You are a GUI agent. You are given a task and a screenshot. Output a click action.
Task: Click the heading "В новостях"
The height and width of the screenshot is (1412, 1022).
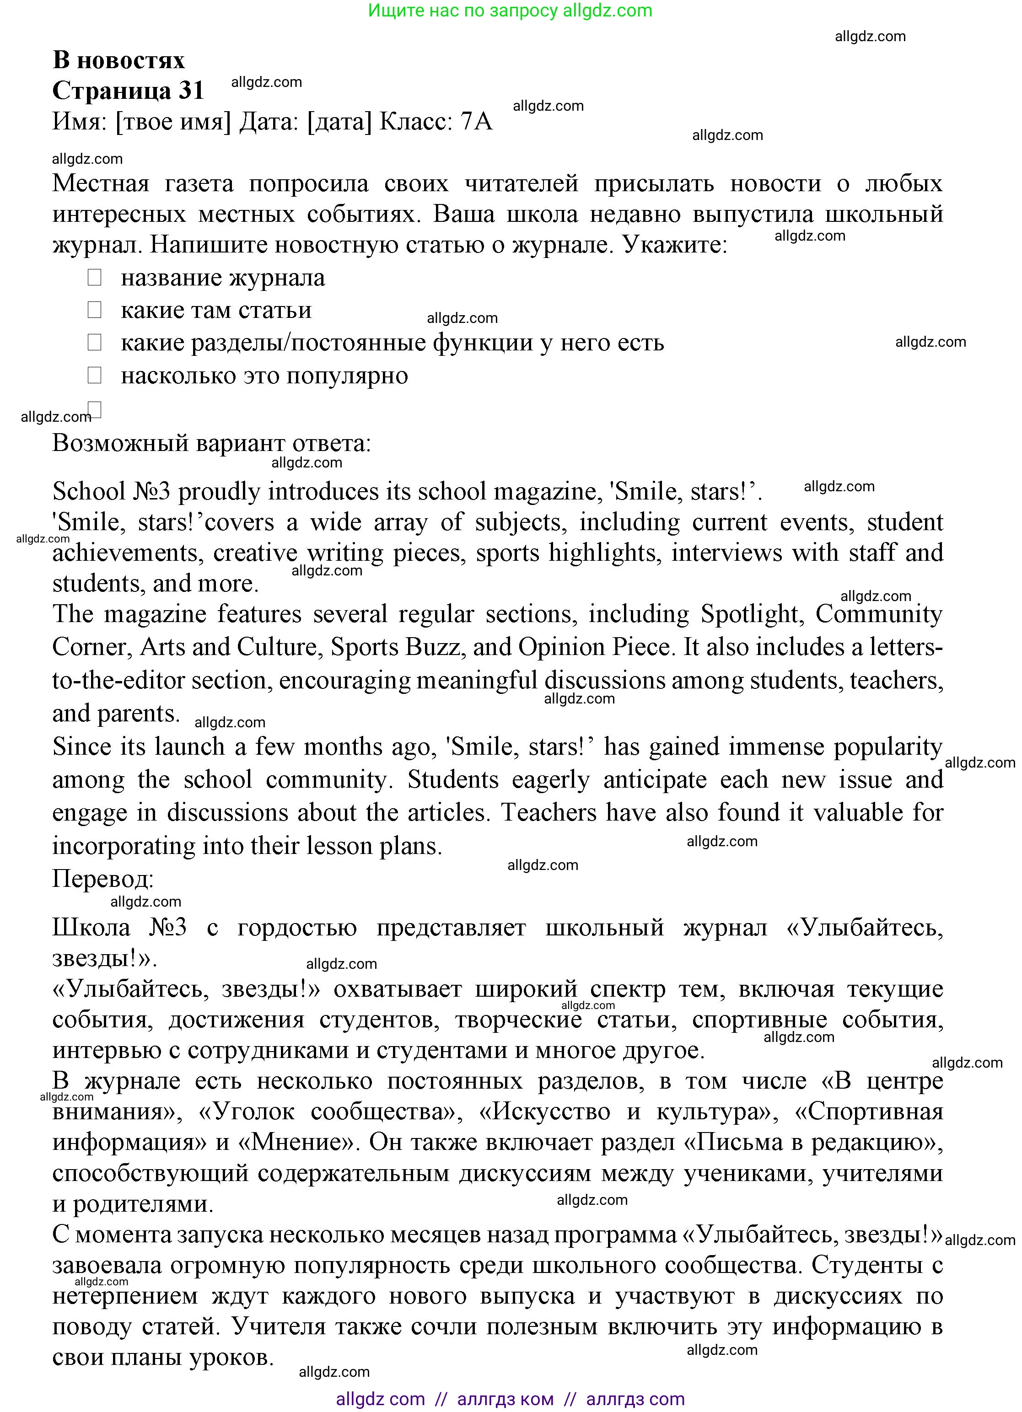point(118,60)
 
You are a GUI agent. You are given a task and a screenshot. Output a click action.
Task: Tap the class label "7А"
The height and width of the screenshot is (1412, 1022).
point(476,121)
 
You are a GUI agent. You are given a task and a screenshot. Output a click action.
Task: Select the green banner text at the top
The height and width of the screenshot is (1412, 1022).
point(510,11)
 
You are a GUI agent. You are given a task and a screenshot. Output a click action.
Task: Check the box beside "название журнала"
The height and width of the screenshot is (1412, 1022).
point(95,278)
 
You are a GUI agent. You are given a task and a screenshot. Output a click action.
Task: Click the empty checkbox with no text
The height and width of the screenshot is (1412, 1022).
point(95,409)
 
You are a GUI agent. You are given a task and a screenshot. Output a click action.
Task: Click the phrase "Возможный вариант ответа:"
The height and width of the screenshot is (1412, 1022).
point(212,443)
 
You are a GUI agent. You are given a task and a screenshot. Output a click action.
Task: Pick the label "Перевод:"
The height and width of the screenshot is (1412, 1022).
point(103,879)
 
